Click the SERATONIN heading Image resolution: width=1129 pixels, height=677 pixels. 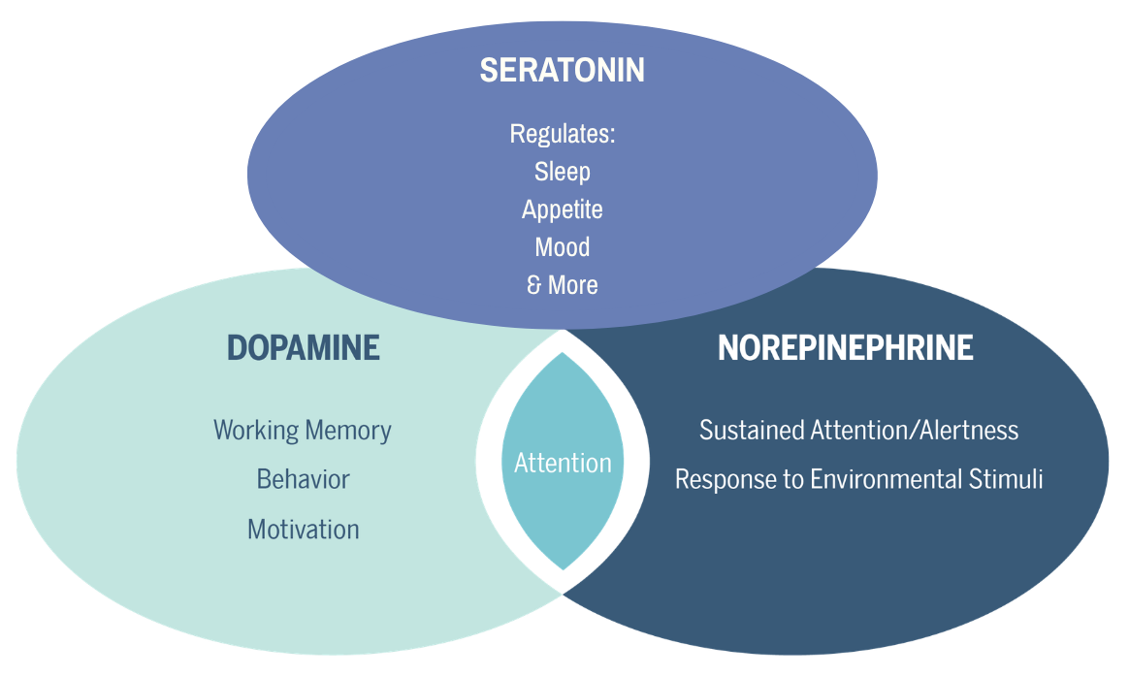(x=563, y=71)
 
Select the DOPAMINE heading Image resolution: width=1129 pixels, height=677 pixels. (x=304, y=348)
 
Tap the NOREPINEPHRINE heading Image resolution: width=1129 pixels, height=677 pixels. (x=846, y=348)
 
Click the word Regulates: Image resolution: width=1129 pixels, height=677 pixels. (x=563, y=135)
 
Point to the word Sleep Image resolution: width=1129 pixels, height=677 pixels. (x=563, y=172)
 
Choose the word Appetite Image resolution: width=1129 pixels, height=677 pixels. (x=563, y=210)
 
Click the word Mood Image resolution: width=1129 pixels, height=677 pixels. (x=563, y=247)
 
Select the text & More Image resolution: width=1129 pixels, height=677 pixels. (x=563, y=285)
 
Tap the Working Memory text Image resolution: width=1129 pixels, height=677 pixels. (x=303, y=431)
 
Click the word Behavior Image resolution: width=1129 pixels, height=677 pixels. (x=304, y=480)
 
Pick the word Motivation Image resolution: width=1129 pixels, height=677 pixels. (x=304, y=531)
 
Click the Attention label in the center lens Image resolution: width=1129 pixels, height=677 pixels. (x=563, y=463)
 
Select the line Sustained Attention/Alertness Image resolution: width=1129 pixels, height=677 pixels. (x=859, y=431)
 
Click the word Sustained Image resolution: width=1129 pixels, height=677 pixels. (x=752, y=431)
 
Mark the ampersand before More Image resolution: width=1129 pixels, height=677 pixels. (x=533, y=285)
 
